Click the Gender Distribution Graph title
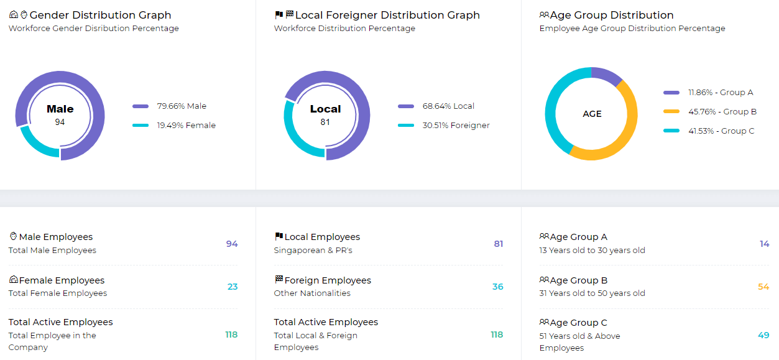pyautogui.click(x=100, y=15)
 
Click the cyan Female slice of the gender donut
pyautogui.click(x=35, y=144)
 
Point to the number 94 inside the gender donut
pyautogui.click(x=60, y=122)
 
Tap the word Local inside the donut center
pyautogui.click(x=325, y=109)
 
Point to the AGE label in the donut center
pyautogui.click(x=592, y=114)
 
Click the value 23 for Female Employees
pyautogui.click(x=232, y=287)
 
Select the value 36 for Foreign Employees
pyautogui.click(x=497, y=287)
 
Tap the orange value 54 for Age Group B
pyautogui.click(x=763, y=287)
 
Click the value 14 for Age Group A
pyautogui.click(x=764, y=244)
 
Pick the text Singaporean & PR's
pyautogui.click(x=313, y=251)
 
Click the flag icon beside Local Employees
pyautogui.click(x=279, y=237)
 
